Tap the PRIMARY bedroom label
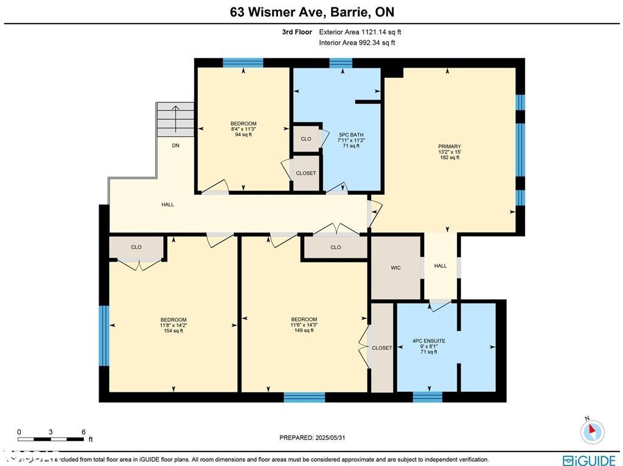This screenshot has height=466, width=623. pyautogui.click(x=449, y=147)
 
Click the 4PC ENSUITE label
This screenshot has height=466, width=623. pyautogui.click(x=429, y=341)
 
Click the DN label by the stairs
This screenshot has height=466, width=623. pyautogui.click(x=175, y=146)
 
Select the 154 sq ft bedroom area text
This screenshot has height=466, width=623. pyautogui.click(x=173, y=331)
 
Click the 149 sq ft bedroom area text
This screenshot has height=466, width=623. pyautogui.click(x=304, y=330)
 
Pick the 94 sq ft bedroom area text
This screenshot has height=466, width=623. pyautogui.click(x=243, y=134)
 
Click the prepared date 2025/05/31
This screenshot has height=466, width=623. pyautogui.click(x=315, y=437)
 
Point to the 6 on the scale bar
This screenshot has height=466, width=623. pyautogui.click(x=83, y=432)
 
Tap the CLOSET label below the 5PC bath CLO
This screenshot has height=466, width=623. pyautogui.click(x=306, y=173)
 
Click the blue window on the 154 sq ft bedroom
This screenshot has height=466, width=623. pyautogui.click(x=104, y=336)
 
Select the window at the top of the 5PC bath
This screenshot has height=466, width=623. pyautogui.click(x=341, y=62)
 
